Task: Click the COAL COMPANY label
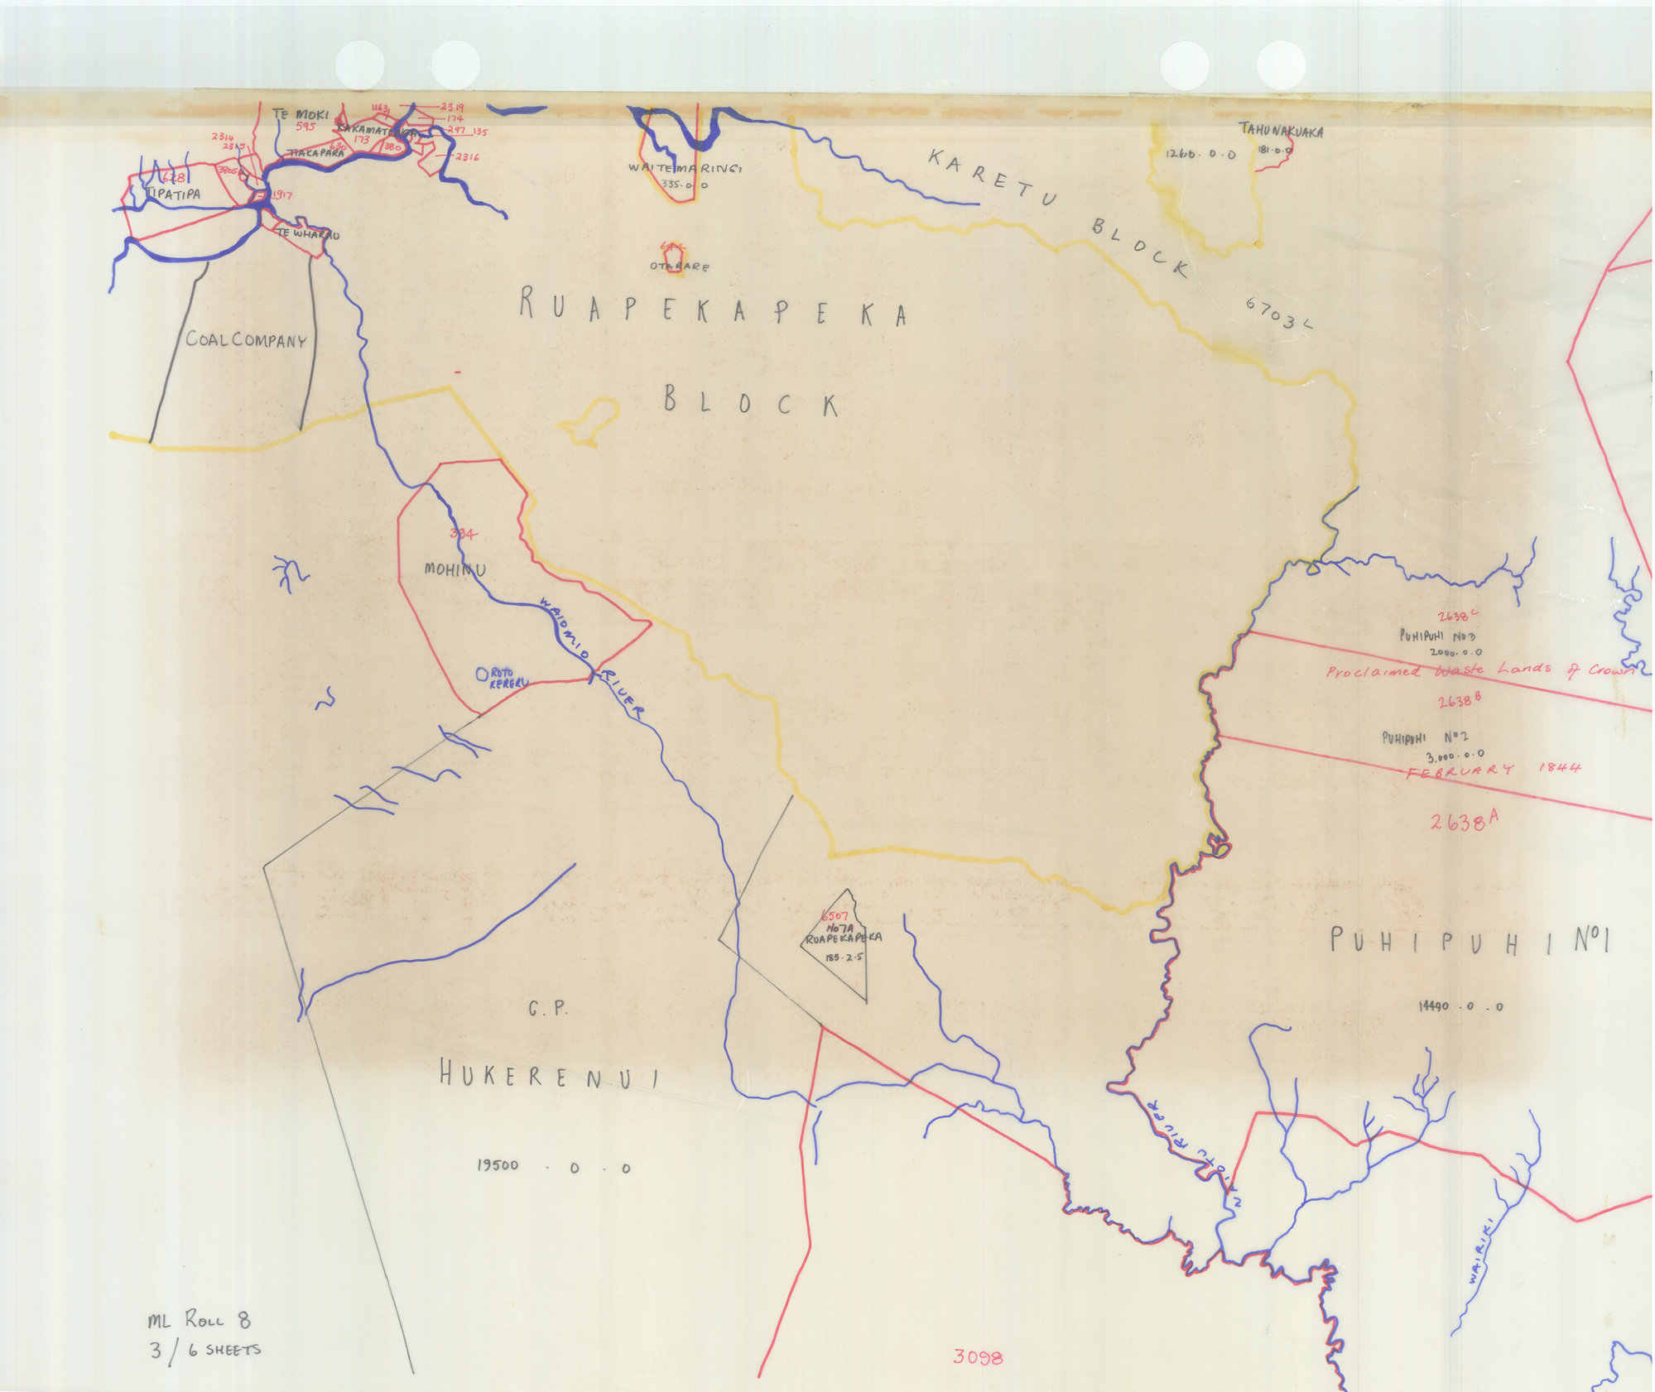coord(246,339)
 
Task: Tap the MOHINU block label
coord(455,569)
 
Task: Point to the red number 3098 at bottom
coord(977,1357)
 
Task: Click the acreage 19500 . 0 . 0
coord(553,1167)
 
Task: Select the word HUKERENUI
coord(549,1078)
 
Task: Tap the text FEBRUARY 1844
coord(1494,769)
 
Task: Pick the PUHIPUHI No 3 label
coord(1437,636)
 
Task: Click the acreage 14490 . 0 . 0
coord(1460,1006)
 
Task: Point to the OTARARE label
coord(679,266)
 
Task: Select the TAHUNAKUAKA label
coord(1281,131)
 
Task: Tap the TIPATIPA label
coord(173,194)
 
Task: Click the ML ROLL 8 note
coord(199,1321)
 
